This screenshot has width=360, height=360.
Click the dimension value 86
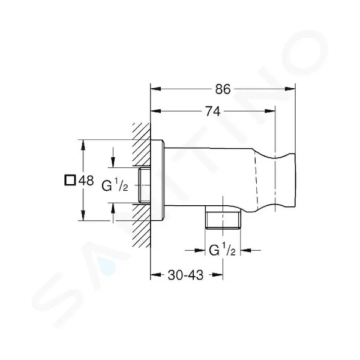[x=223, y=89]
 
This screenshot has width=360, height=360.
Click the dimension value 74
[x=212, y=112]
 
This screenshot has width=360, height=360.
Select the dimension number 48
[x=86, y=181]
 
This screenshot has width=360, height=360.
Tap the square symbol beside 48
[x=70, y=180]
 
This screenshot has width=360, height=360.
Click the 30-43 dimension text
[x=186, y=275]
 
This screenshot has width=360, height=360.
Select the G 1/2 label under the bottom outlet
[x=222, y=250]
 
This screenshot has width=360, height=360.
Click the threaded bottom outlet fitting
[x=223, y=217]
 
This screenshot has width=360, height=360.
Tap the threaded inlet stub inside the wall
[x=144, y=185]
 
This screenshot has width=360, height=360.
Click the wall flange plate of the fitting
[x=157, y=180]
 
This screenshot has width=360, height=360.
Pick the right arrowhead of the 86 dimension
[x=290, y=89]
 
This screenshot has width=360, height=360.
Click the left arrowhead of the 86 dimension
[x=155, y=89]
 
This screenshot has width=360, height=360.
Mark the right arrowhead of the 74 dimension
[x=270, y=111]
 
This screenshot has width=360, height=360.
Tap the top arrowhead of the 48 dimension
[x=83, y=145]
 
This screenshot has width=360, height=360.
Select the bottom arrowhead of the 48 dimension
[x=83, y=215]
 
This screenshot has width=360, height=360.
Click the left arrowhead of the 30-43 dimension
[x=155, y=275]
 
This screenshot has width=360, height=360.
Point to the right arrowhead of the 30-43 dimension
[x=217, y=275]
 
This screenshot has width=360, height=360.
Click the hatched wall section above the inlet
[x=142, y=145]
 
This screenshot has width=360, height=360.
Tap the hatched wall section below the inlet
[x=142, y=226]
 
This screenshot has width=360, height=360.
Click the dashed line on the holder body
[x=256, y=181]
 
